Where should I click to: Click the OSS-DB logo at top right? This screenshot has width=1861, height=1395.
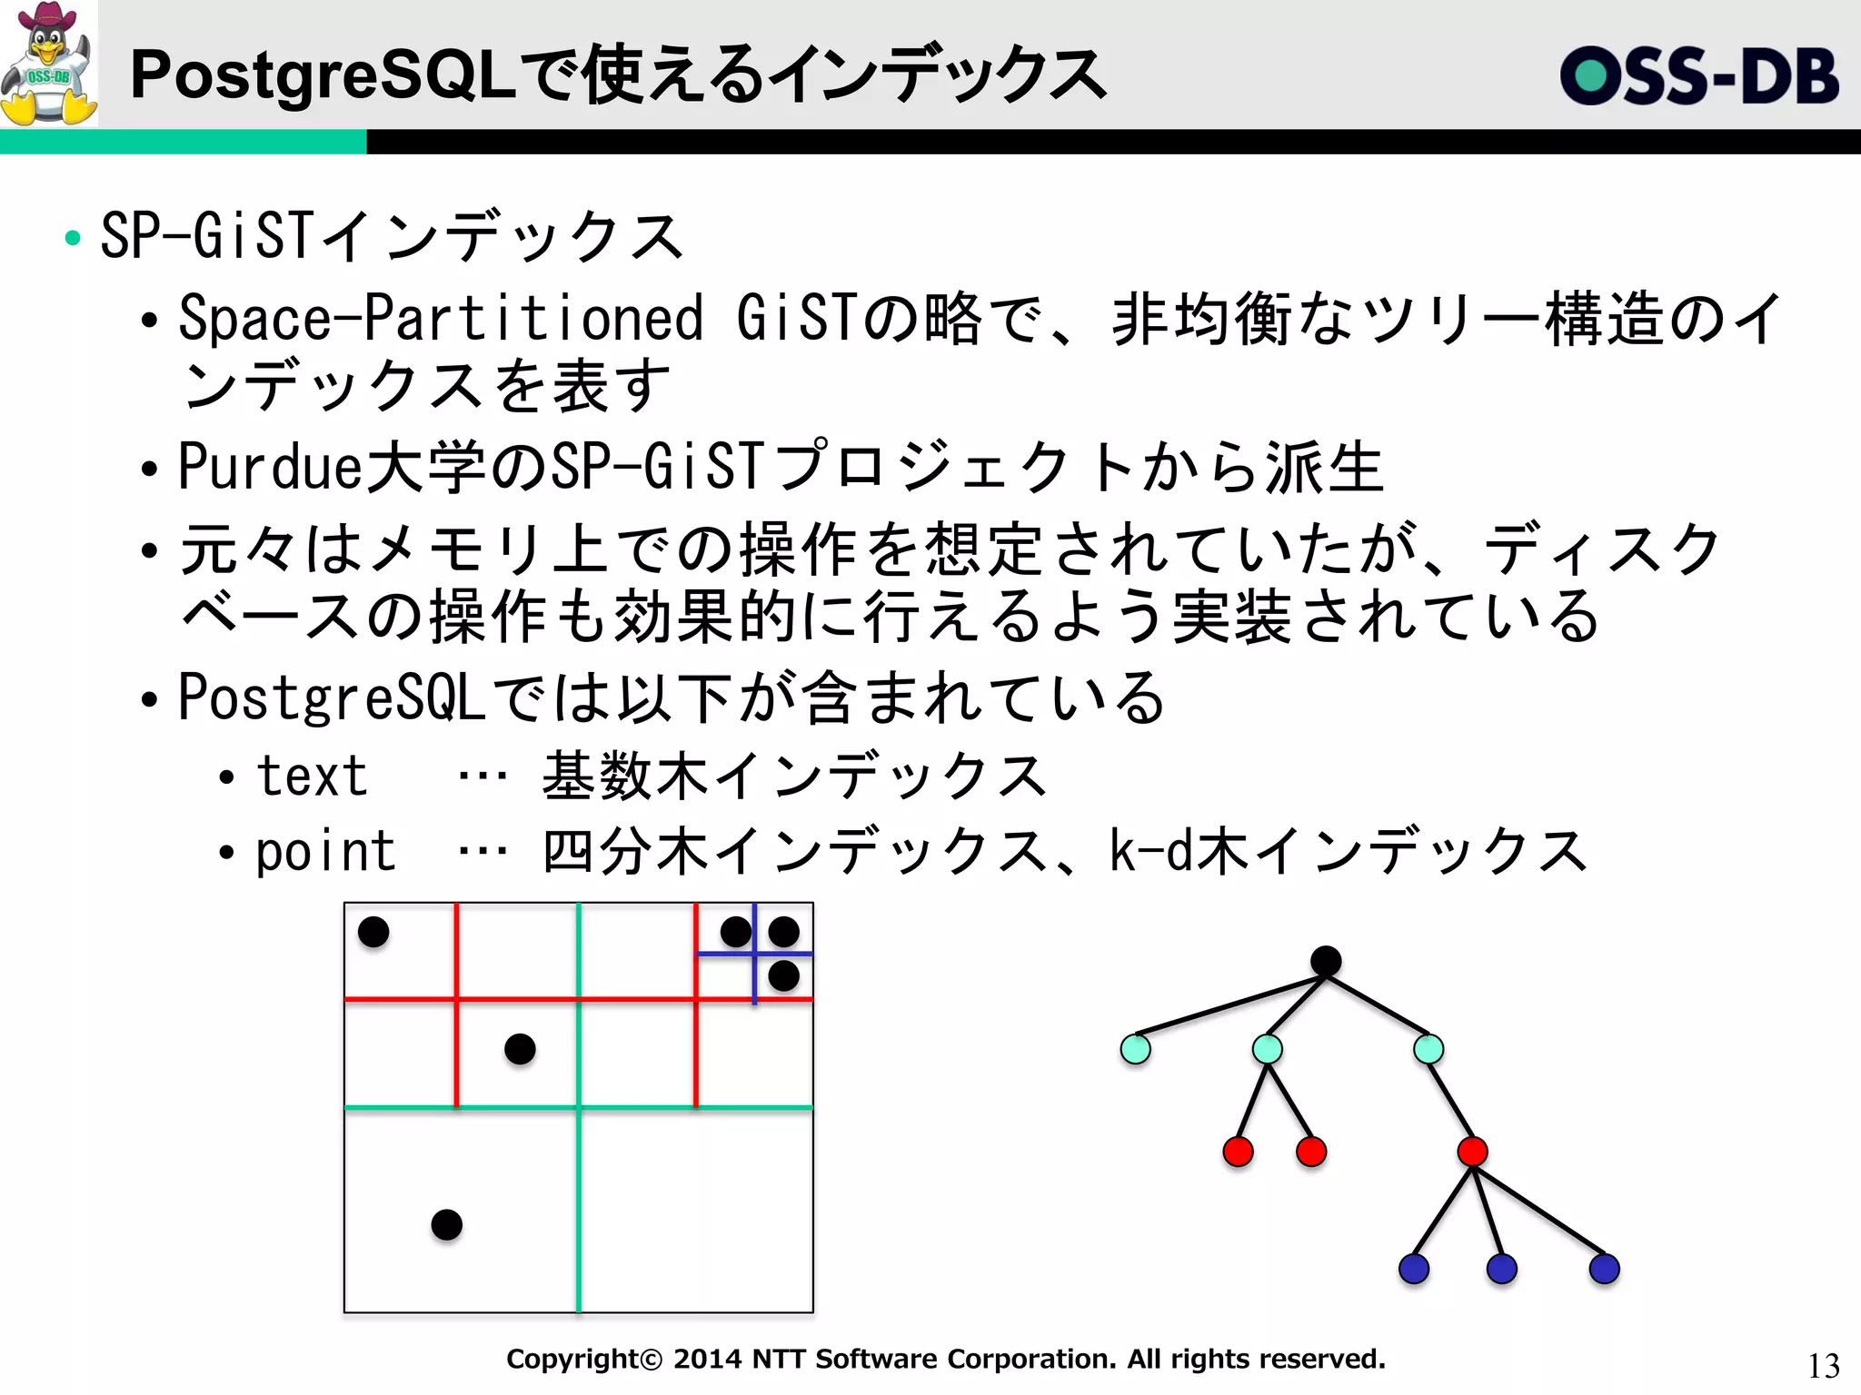tap(1698, 75)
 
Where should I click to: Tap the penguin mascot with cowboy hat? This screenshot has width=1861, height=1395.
tap(49, 64)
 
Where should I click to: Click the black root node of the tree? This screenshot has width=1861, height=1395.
tap(1326, 961)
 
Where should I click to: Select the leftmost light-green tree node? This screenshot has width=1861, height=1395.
tap(1135, 1049)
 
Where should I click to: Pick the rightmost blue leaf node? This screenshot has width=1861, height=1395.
tap(1604, 1269)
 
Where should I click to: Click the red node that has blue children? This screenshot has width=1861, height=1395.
tap(1472, 1152)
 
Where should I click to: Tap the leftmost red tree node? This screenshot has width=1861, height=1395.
tap(1238, 1152)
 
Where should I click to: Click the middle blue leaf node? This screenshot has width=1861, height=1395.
tap(1501, 1269)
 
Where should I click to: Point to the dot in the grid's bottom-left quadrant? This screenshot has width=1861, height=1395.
tap(446, 1224)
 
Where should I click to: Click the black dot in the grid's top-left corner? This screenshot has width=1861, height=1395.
tap(373, 931)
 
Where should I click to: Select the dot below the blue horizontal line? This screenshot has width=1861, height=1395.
tap(783, 976)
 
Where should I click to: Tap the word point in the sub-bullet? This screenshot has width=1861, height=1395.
tap(325, 853)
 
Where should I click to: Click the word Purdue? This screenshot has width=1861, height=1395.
tap(270, 467)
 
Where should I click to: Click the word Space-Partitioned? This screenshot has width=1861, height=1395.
tap(441, 319)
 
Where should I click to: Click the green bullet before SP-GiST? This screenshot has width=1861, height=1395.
tap(73, 239)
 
